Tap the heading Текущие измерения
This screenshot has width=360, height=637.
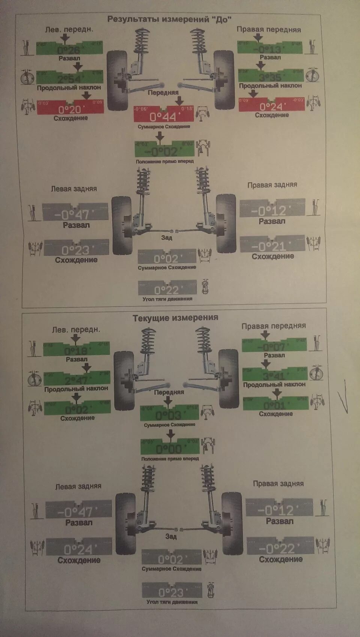[175, 318]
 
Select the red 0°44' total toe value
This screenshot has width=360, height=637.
[164, 117]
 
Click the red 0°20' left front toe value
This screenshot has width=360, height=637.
[70, 109]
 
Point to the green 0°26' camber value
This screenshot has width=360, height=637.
[69, 50]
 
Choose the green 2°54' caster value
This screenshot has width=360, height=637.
[70, 78]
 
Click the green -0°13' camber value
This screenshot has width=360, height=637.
[270, 49]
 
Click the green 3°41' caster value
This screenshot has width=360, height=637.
[275, 376]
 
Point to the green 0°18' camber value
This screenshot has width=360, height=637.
[76, 351]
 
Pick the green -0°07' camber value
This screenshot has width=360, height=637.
[274, 347]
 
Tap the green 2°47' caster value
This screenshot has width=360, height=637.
[77, 380]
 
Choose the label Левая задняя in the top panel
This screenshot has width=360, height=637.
[74, 189]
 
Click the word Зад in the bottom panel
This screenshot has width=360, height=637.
[171, 536]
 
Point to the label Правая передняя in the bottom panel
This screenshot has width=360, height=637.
[274, 326]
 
